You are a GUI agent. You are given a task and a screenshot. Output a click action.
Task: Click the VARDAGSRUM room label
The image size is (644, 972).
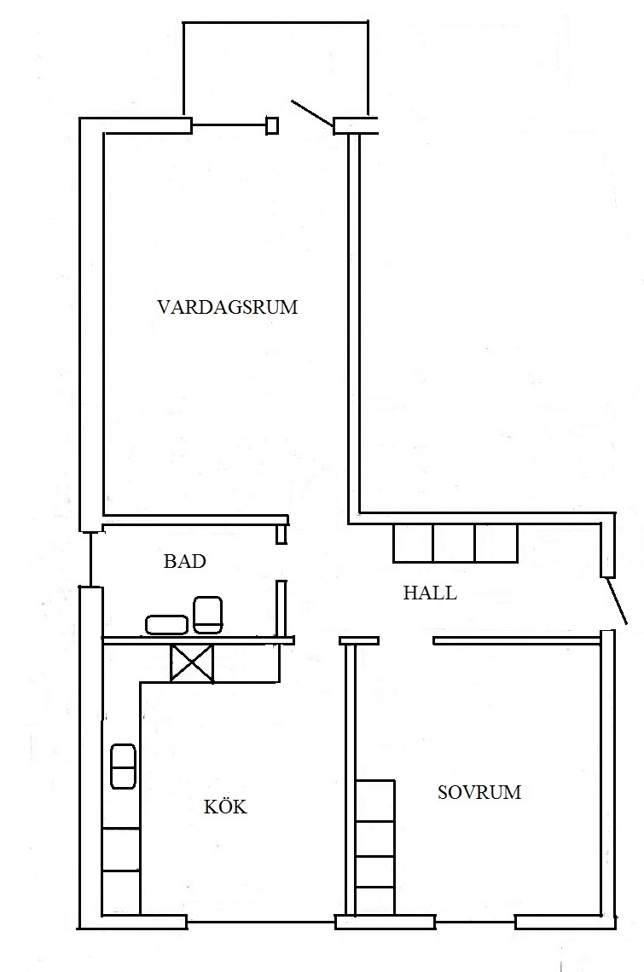[x=228, y=307]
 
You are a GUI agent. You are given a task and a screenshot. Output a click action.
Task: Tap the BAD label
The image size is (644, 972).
[x=185, y=561]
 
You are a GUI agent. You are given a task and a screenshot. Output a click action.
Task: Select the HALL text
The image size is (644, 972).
[x=430, y=593]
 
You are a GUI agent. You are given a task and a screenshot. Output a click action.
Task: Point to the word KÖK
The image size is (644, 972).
[x=225, y=807]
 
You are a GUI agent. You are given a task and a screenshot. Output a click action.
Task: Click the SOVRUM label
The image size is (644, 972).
[x=479, y=792]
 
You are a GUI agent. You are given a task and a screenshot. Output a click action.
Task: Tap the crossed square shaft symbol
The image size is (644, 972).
[x=192, y=664]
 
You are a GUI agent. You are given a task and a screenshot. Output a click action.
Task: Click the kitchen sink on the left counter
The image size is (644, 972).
[x=123, y=767]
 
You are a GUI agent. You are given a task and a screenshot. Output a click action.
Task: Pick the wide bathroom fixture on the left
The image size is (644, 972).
[x=166, y=625]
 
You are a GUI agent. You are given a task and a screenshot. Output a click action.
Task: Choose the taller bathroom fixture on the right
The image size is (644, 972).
[x=208, y=615]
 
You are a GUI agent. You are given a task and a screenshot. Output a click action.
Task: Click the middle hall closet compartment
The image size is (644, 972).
[x=454, y=543]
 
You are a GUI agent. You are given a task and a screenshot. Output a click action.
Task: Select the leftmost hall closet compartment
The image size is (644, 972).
[x=413, y=543]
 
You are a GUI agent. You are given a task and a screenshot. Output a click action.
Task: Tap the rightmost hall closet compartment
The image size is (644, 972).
[x=496, y=543]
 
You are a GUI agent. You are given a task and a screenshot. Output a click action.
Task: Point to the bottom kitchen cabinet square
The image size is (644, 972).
[x=121, y=892]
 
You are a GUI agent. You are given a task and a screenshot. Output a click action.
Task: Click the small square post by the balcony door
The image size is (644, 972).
[x=272, y=126]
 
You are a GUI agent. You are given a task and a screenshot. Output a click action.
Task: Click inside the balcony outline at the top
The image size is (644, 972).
[x=276, y=68]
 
